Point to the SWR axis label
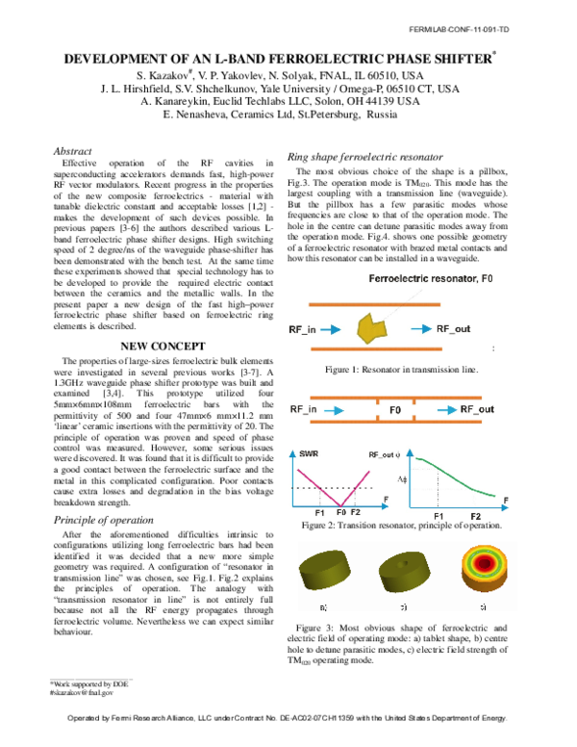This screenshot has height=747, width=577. (311, 452)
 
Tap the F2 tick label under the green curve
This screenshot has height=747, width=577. (475, 517)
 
